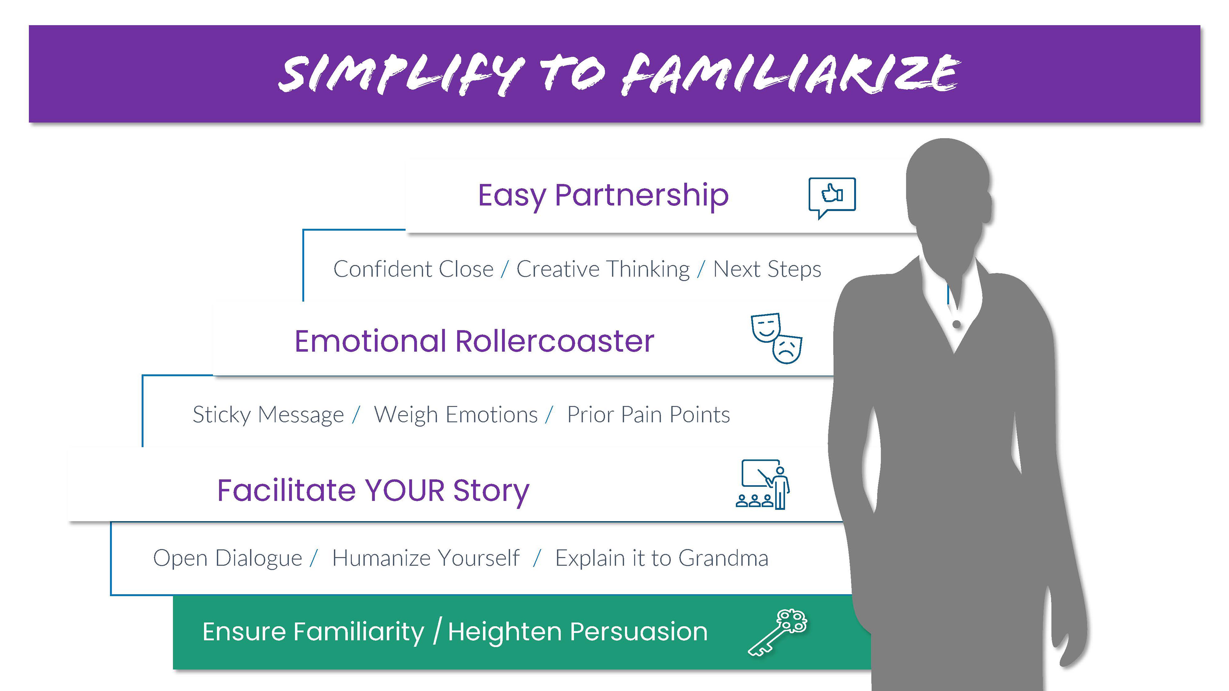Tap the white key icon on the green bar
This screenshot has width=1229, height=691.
[x=777, y=632]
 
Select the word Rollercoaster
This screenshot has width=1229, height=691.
[x=555, y=341]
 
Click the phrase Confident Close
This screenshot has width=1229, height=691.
[x=413, y=269]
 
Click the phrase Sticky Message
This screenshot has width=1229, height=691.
[x=268, y=415]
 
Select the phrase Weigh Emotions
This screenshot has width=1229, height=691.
[x=456, y=415]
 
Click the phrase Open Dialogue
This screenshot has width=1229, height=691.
[x=228, y=559]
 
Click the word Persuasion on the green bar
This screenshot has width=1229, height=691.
[x=639, y=632]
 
